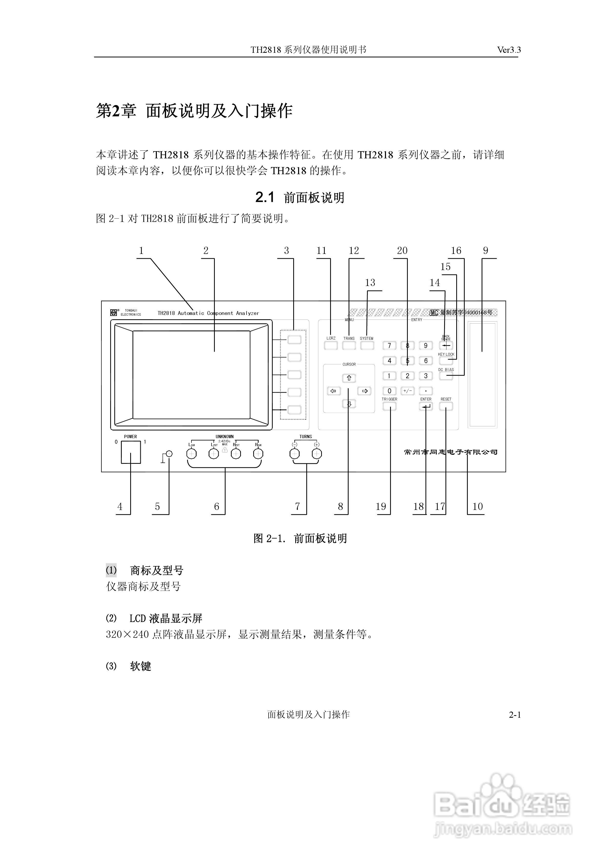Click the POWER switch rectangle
pos(130,452)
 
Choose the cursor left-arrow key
pos(333,391)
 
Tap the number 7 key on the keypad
pos(389,345)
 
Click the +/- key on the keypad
pos(407,391)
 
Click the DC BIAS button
pos(446,375)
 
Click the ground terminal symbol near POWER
pos(169,454)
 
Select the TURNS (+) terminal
pos(317,454)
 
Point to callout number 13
pos(370,283)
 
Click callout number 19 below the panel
pos(381,507)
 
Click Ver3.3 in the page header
pos(509,50)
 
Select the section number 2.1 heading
pos(265,197)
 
